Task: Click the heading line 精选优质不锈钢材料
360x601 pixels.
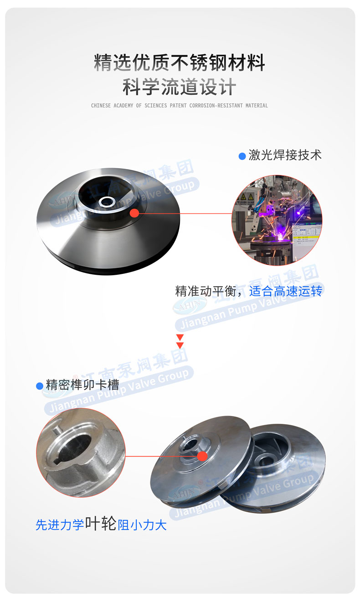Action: pyautogui.click(x=180, y=62)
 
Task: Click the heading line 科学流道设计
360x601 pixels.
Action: pyautogui.click(x=180, y=87)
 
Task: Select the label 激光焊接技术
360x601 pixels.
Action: pyautogui.click(x=285, y=155)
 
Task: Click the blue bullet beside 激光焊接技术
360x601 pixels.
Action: pyautogui.click(x=242, y=156)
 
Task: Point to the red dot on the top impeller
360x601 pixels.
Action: pyautogui.click(x=134, y=213)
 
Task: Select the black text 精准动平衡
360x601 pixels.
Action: pyautogui.click(x=200, y=291)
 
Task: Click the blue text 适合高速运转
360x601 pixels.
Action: pyautogui.click(x=286, y=291)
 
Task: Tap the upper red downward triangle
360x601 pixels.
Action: pyautogui.click(x=180, y=337)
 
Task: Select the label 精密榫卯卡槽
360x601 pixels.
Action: pyautogui.click(x=82, y=385)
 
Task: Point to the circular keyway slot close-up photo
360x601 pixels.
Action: pyautogui.click(x=81, y=452)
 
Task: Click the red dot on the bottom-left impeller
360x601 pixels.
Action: pyautogui.click(x=203, y=456)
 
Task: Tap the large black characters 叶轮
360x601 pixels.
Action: pyautogui.click(x=101, y=524)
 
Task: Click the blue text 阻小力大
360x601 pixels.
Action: pyautogui.click(x=142, y=525)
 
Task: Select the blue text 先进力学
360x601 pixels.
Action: pyautogui.click(x=60, y=525)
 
